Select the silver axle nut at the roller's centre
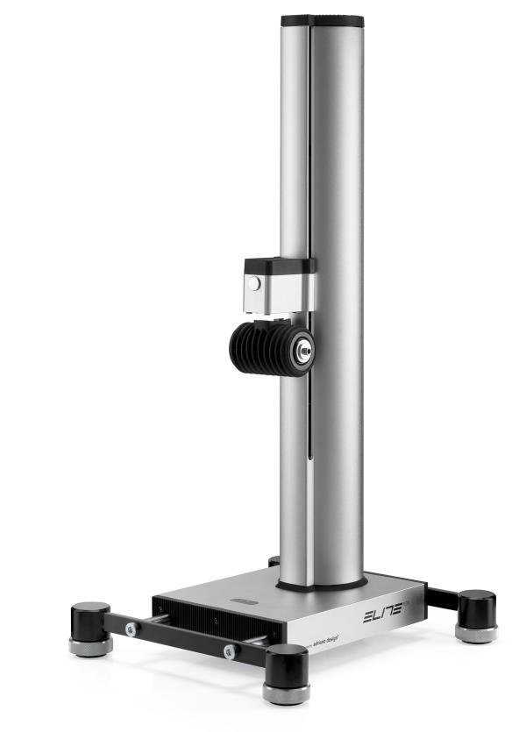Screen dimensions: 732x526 coord(304,348)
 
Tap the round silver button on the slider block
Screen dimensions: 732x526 coord(253,284)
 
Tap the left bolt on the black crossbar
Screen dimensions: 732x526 coord(130,629)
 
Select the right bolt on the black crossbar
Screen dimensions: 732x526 coord(230,651)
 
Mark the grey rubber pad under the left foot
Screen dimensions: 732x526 coord(90,647)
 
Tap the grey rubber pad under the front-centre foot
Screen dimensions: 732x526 coord(286,694)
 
